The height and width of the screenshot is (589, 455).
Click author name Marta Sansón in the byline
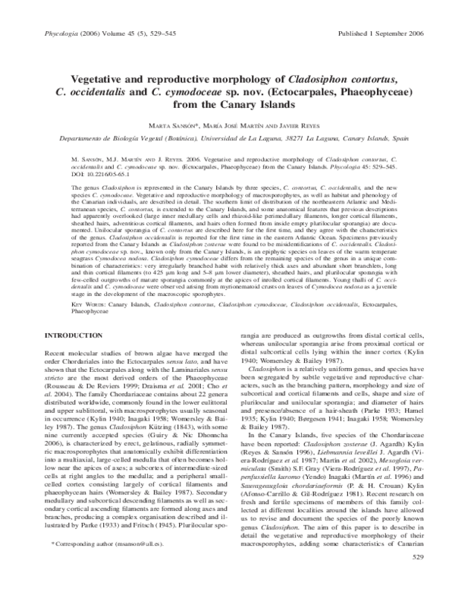pyautogui.click(x=180, y=124)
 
